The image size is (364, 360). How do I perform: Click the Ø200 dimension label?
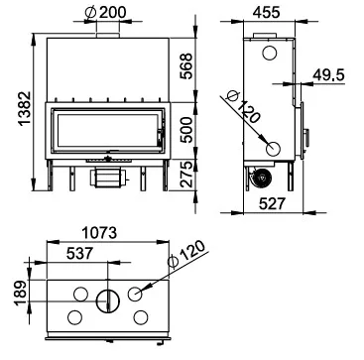click(x=105, y=13)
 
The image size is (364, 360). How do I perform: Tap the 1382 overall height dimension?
click(x=25, y=108)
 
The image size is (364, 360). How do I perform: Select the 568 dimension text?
click(x=185, y=66)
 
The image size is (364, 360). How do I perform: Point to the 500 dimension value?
click(x=186, y=130)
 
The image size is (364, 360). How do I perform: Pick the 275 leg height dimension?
click(x=186, y=174)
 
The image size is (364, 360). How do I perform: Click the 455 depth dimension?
click(x=267, y=13)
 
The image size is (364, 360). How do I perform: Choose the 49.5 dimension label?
click(x=328, y=75)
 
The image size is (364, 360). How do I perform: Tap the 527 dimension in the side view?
click(x=272, y=204)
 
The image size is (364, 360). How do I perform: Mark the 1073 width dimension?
click(x=99, y=233)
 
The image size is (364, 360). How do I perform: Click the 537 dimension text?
click(x=79, y=254)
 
